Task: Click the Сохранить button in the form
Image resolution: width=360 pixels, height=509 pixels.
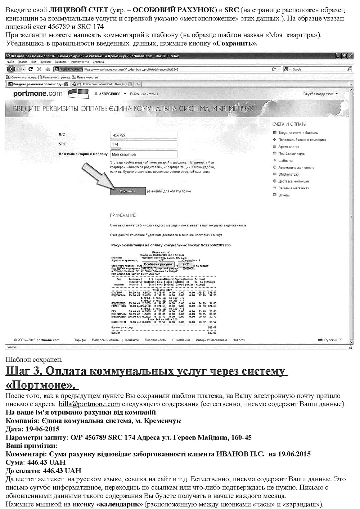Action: [127, 191]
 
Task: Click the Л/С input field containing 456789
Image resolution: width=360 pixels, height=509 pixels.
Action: [144, 135]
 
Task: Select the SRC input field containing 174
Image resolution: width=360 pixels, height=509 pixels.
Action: [144, 144]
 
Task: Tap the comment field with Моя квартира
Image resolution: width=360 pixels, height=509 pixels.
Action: [144, 154]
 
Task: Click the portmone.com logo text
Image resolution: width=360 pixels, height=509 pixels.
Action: [38, 94]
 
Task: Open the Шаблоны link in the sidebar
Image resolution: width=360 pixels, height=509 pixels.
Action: [285, 161]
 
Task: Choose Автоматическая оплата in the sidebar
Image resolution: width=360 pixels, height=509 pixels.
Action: [296, 167]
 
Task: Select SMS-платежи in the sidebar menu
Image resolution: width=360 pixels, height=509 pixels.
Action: [289, 174]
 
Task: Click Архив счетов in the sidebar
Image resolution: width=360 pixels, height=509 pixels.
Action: [288, 147]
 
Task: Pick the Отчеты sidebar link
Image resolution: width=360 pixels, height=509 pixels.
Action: [284, 195]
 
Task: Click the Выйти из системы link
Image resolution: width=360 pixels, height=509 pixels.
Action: [144, 94]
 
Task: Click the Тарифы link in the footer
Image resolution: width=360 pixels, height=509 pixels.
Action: [80, 340]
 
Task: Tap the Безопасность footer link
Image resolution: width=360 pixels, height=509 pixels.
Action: [155, 340]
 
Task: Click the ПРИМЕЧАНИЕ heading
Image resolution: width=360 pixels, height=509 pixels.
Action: [123, 215]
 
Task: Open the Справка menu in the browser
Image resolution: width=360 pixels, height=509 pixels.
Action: [98, 62]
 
